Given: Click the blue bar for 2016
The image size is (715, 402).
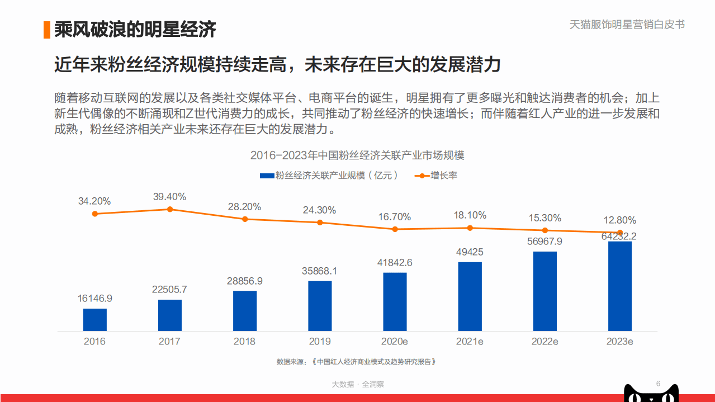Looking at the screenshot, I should click(x=95, y=319).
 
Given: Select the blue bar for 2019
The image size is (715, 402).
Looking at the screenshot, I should click(x=320, y=305).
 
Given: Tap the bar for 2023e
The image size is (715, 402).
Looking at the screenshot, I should click(x=620, y=286).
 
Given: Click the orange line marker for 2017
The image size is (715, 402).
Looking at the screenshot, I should click(x=170, y=209).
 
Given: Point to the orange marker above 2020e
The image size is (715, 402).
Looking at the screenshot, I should click(x=395, y=229).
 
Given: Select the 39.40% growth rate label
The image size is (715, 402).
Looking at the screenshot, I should click(x=170, y=197).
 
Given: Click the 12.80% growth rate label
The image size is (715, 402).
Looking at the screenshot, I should click(x=619, y=220).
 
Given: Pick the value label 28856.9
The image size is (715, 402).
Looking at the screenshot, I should click(x=245, y=281).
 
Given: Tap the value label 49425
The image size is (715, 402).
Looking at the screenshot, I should click(x=470, y=252).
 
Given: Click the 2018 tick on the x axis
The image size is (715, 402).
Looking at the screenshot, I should click(x=245, y=341).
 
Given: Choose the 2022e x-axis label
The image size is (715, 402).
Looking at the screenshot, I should click(x=544, y=341).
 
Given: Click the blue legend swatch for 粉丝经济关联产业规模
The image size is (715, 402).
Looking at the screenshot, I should click(x=267, y=176).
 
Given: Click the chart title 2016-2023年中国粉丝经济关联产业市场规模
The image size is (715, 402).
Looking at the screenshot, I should click(x=357, y=155).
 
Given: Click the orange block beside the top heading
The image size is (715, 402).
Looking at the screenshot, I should click(x=47, y=30).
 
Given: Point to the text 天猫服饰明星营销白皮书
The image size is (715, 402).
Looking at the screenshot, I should click(x=627, y=25).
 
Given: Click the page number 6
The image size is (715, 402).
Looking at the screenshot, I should click(x=658, y=384).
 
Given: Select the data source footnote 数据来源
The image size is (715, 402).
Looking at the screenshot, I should click(x=356, y=362).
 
